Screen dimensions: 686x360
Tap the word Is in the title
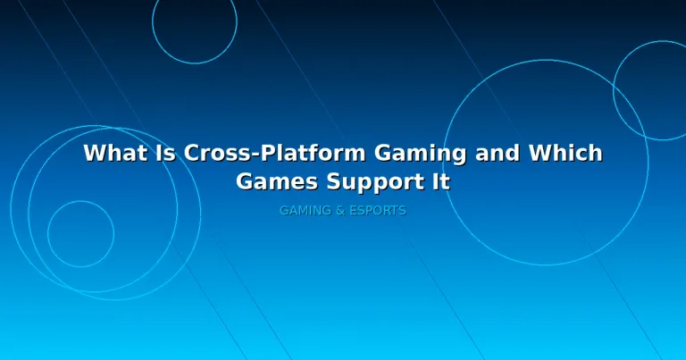point(165,153)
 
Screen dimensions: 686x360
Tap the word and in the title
point(498,153)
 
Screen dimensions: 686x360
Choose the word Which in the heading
point(565,153)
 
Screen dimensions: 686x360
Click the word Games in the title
point(277,181)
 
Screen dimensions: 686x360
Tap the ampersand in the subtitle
point(340,211)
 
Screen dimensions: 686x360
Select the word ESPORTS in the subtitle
point(378,211)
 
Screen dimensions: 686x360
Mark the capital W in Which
point(541,153)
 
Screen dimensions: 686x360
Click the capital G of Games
point(245,181)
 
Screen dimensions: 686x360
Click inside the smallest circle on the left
point(80,234)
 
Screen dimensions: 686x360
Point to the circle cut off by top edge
point(237,21)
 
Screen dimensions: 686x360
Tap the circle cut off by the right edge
point(614,90)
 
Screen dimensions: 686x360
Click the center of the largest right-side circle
point(546,163)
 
